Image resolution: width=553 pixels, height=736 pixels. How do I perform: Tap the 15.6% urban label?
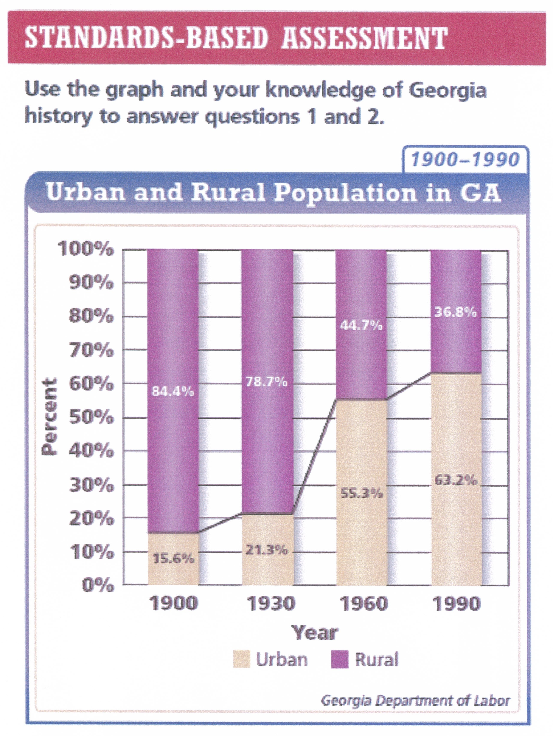click(173, 558)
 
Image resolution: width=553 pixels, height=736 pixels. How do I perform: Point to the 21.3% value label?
click(266, 550)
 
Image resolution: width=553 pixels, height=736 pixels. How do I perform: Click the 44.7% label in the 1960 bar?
click(361, 325)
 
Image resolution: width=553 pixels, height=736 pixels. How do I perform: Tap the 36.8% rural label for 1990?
click(455, 312)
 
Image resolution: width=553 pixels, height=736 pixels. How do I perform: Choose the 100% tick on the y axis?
click(86, 249)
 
